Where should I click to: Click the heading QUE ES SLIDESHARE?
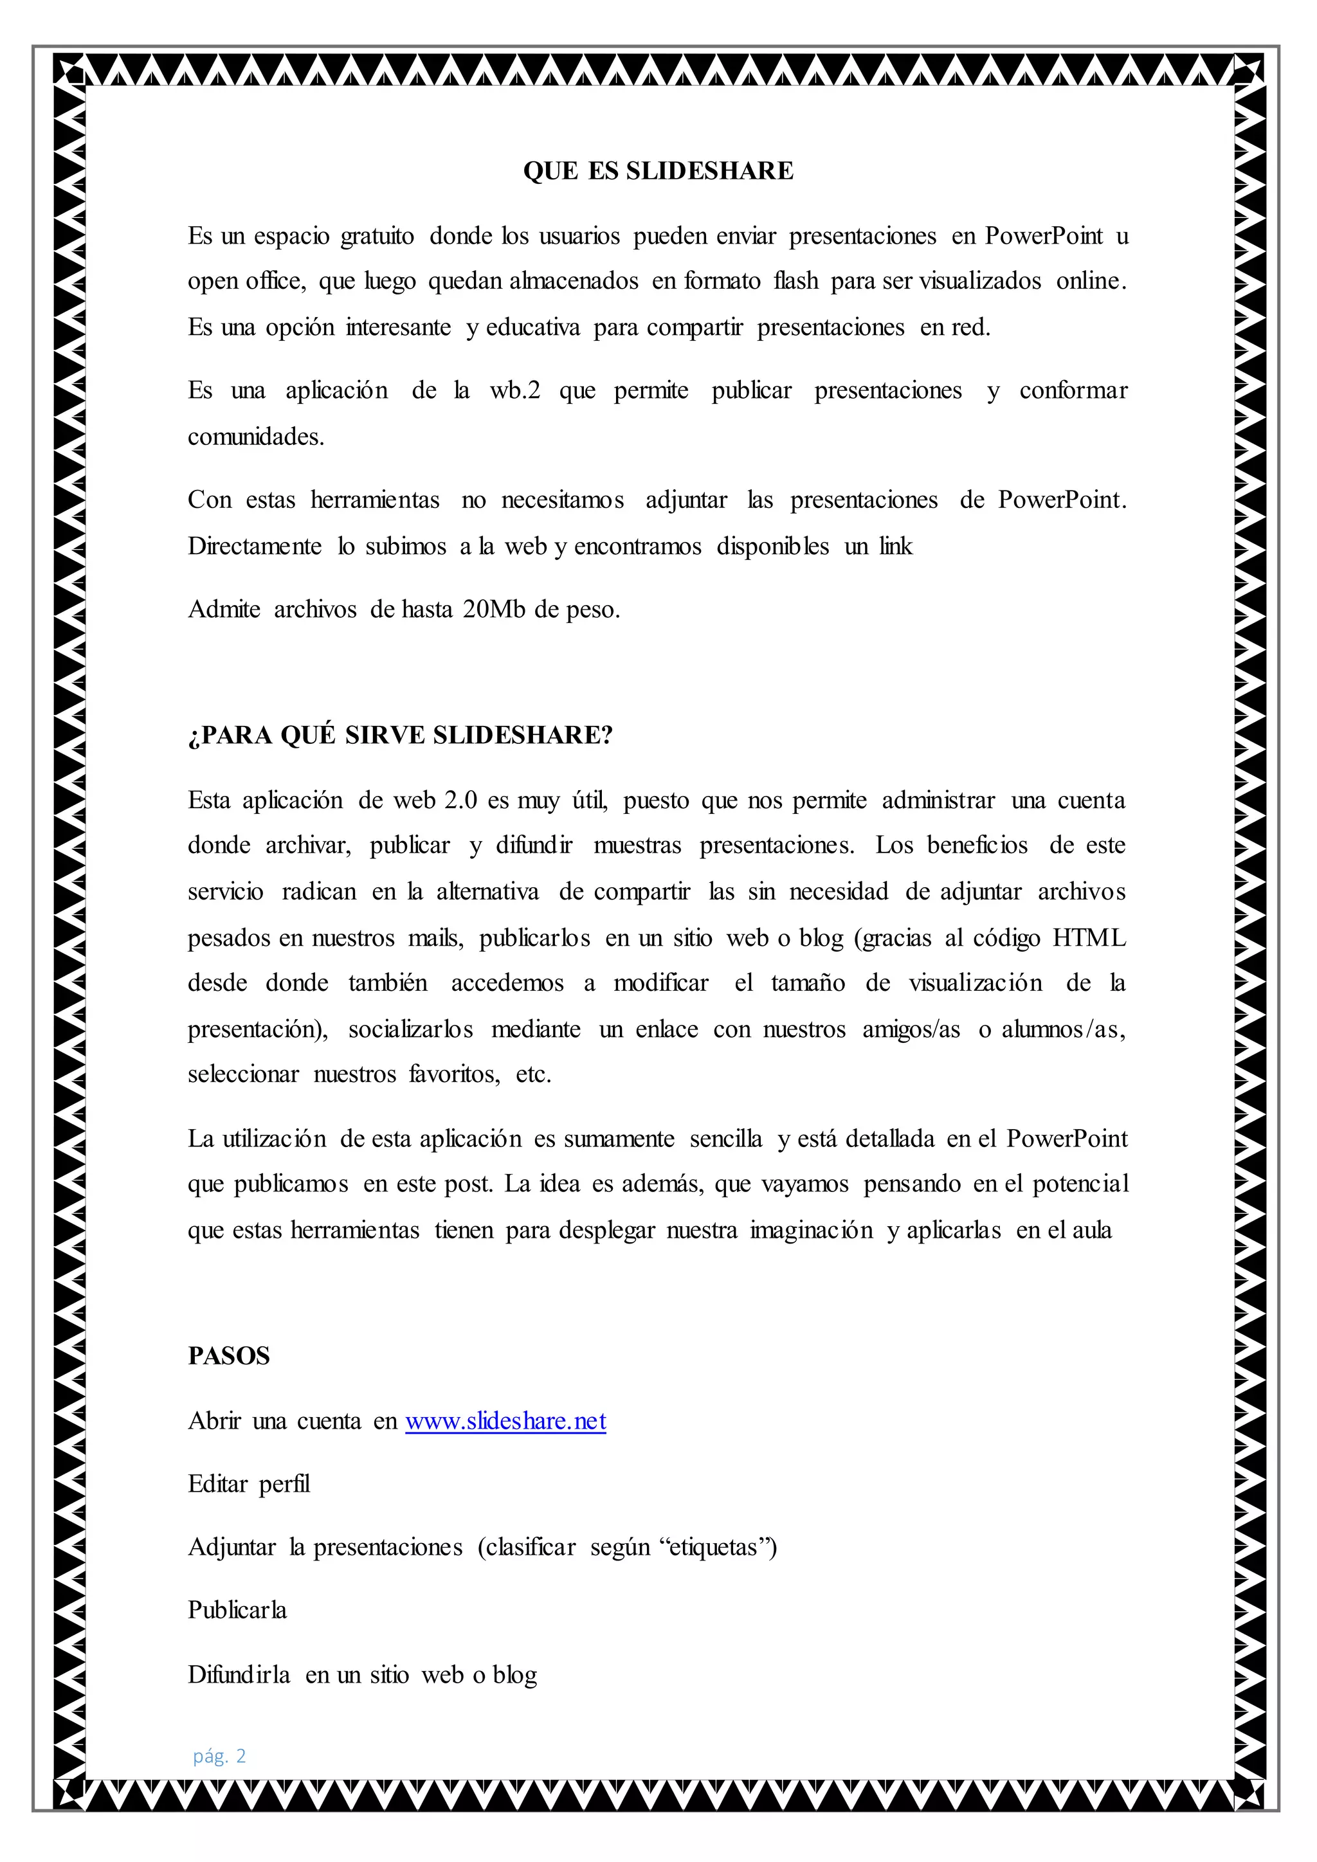point(658,171)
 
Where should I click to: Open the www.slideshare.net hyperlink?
point(505,1421)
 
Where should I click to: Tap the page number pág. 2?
point(219,1757)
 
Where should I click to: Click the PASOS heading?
point(229,1356)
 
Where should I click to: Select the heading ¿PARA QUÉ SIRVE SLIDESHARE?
point(400,736)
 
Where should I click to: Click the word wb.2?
point(514,391)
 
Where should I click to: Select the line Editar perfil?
point(249,1484)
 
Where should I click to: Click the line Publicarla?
point(237,1611)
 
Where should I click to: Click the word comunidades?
point(255,437)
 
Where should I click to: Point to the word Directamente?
point(255,547)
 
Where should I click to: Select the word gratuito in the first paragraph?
point(376,237)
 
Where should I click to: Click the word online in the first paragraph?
point(1091,282)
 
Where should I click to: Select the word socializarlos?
point(410,1030)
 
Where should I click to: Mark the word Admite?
point(224,609)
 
